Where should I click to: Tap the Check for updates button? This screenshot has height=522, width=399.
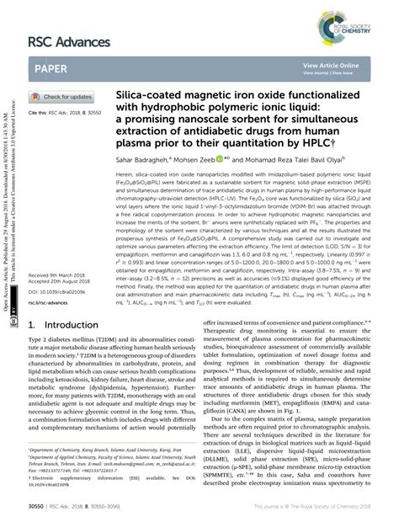[64, 97]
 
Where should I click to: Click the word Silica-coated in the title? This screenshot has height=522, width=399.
[152, 98]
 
